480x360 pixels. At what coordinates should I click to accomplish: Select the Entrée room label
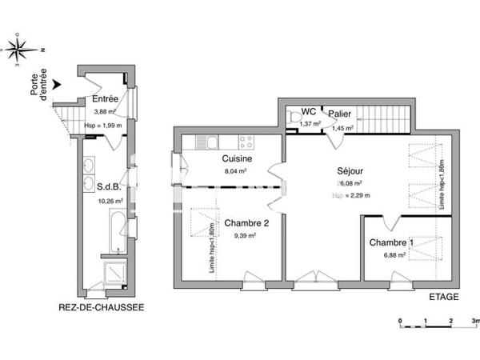click(x=106, y=99)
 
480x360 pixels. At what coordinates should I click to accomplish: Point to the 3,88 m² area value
click(x=105, y=112)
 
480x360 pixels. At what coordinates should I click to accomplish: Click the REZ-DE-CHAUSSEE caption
click(x=102, y=306)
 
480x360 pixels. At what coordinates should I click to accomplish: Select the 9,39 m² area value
click(x=245, y=236)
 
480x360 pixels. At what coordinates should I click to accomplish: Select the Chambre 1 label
click(x=392, y=242)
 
